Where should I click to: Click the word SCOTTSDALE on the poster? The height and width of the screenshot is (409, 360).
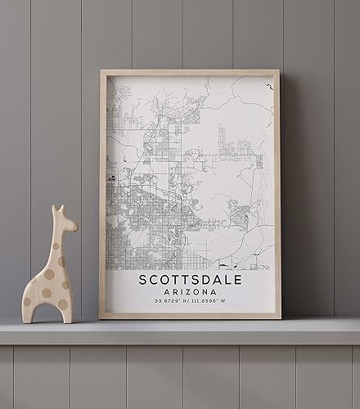click(190, 280)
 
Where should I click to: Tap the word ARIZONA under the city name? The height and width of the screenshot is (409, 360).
click(190, 292)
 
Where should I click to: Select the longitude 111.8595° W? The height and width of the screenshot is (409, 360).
click(212, 302)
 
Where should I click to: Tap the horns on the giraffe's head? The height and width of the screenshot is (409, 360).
click(57, 209)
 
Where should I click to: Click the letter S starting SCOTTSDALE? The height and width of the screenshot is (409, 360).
click(143, 280)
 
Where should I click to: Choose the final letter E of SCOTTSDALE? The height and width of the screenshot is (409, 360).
click(237, 280)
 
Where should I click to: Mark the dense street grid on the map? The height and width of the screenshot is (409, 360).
click(135, 221)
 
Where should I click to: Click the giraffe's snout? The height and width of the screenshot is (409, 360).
click(73, 225)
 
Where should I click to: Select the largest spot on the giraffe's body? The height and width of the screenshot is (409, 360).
click(47, 291)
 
